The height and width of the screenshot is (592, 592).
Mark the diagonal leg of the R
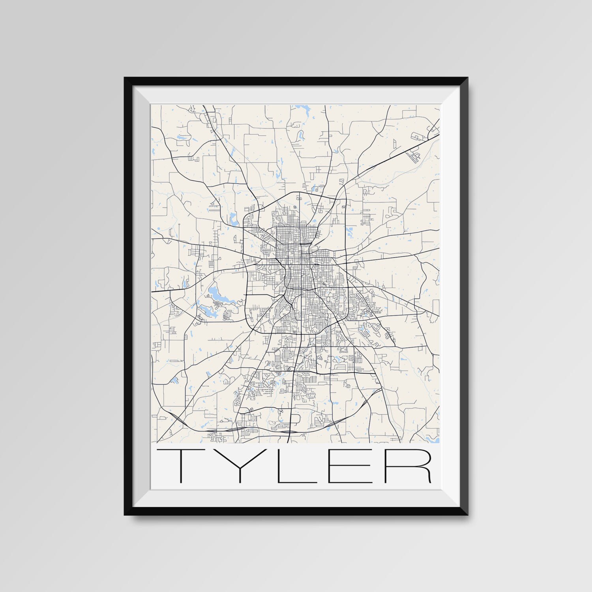pyautogui.click(x=424, y=476)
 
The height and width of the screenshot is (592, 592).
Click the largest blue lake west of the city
pyautogui.click(x=215, y=292)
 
